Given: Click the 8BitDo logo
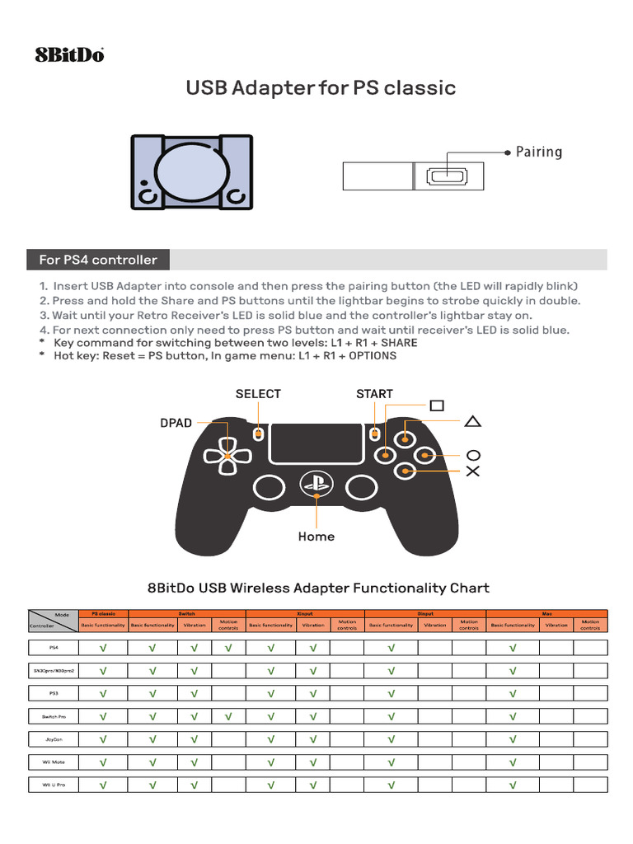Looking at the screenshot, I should tap(69, 55).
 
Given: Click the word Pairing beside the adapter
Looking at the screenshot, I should tap(539, 152).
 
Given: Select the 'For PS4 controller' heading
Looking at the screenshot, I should tap(98, 260).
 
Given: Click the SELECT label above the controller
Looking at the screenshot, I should tap(258, 394).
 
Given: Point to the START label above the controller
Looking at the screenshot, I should tap(374, 394).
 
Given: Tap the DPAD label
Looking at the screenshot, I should tap(176, 423).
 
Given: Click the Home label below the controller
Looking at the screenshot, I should tap(316, 537).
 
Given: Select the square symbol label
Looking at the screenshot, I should tap(436, 406).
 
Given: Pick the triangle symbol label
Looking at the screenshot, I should tap(473, 422).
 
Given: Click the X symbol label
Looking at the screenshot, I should tap(473, 471).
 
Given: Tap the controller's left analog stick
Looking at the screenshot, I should tap(270, 487).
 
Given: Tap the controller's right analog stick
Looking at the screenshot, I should tap(360, 487).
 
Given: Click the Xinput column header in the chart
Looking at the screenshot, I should tap(305, 613).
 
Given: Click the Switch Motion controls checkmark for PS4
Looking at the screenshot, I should tap(228, 648).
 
